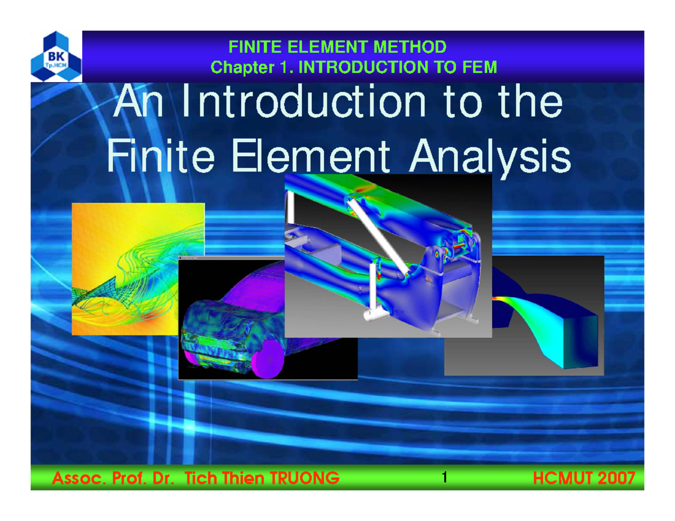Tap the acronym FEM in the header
479,68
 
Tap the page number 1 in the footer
444,478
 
